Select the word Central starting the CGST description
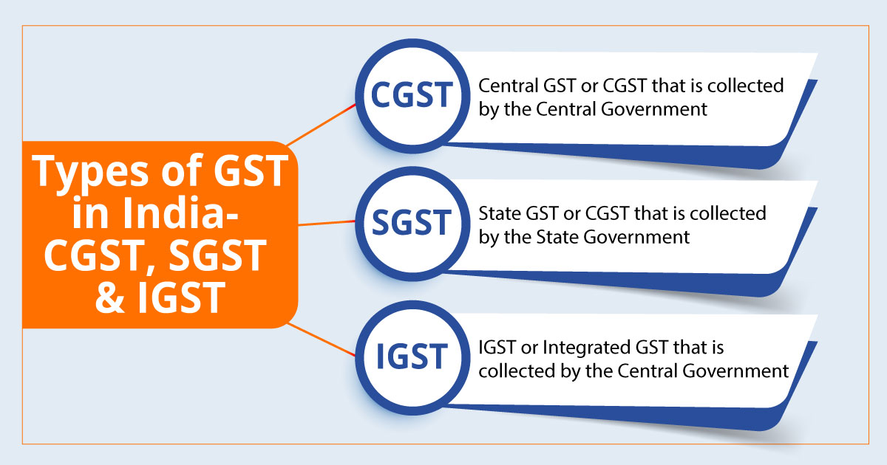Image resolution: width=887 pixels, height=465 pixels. (506, 86)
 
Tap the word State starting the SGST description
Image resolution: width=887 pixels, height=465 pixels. (497, 214)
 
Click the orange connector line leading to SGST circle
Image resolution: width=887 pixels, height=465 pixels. (329, 222)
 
